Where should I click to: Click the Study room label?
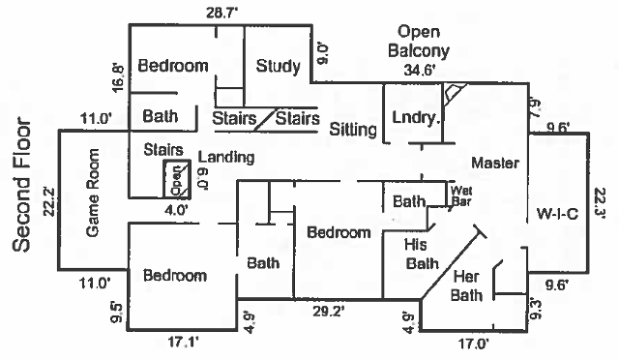[278, 66]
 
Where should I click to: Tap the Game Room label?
[93, 193]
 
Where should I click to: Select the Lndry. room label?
[416, 117]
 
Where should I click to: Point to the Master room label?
[495, 163]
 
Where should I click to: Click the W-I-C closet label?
[557, 214]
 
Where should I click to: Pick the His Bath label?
[422, 255]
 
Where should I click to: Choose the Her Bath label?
[466, 285]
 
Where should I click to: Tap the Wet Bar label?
[461, 196]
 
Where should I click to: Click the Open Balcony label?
[419, 42]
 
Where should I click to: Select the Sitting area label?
[353, 130]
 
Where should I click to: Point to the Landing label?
[225, 158]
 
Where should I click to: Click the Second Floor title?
[21, 185]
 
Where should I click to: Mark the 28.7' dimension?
[221, 13]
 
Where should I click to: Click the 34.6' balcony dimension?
[420, 71]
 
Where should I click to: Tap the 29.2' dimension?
[329, 312]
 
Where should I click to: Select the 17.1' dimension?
[183, 343]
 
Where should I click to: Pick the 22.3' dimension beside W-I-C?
[600, 202]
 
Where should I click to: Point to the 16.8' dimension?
[118, 77]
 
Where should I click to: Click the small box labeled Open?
[177, 179]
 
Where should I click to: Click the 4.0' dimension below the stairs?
[176, 210]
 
